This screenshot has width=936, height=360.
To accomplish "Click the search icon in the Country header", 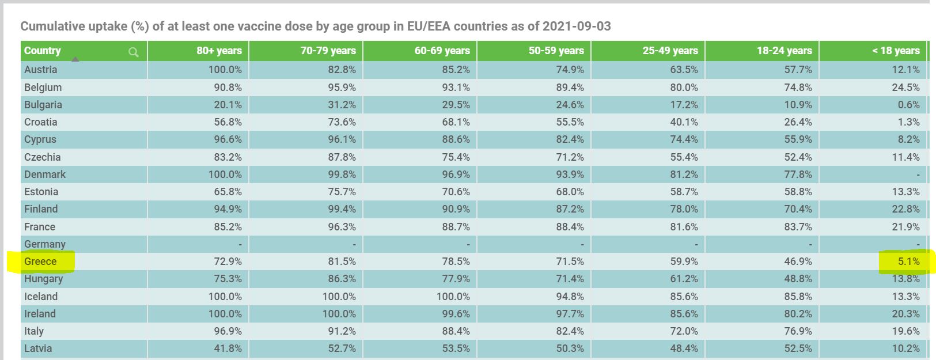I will (x=134, y=52).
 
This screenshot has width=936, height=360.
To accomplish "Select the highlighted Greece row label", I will (x=40, y=262).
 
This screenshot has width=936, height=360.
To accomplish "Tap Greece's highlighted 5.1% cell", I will (x=908, y=262).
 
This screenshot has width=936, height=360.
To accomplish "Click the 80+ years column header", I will (x=219, y=51).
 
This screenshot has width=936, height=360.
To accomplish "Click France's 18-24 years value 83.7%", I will (x=798, y=227).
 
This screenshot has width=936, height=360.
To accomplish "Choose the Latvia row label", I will (x=38, y=348).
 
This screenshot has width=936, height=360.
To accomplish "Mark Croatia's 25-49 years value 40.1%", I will (x=684, y=122).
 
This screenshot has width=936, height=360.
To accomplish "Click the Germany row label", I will (x=45, y=244).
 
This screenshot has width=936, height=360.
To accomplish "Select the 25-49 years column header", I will (x=670, y=51).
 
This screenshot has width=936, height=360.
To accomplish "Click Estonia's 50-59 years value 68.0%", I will (x=570, y=192).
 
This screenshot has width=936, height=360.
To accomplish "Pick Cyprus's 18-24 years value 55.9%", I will (x=798, y=139).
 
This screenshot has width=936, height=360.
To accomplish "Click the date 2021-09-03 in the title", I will (x=577, y=26).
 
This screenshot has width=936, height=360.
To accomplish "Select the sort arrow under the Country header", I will (x=75, y=59).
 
